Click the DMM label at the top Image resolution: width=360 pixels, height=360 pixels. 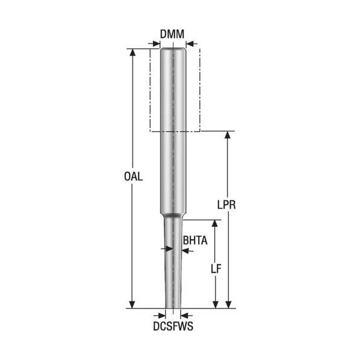click(x=172, y=34)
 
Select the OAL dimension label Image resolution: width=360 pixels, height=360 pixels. click(x=134, y=176)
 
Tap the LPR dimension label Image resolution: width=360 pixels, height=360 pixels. click(x=226, y=205)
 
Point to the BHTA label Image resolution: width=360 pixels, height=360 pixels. click(x=195, y=240)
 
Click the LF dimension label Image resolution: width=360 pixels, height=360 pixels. click(x=216, y=268)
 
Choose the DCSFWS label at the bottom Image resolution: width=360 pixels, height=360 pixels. click(x=173, y=326)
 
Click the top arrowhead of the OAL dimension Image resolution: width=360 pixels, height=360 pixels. click(x=132, y=52)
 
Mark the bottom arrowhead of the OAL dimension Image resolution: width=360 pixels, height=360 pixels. click(x=132, y=305)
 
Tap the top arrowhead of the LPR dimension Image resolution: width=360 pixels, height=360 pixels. click(x=228, y=134)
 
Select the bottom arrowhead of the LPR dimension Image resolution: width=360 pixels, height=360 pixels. click(x=228, y=305)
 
